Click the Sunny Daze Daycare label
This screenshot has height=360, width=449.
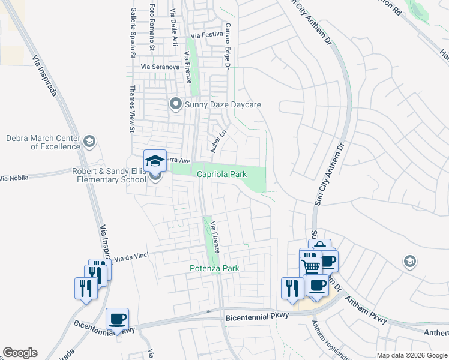(x=223, y=104)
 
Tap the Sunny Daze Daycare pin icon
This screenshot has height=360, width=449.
(x=176, y=104)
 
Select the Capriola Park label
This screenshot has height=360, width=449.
(x=222, y=174)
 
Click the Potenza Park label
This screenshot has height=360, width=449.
(x=214, y=268)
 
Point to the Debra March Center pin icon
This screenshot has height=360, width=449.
(x=89, y=142)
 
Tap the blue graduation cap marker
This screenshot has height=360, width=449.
(x=155, y=161)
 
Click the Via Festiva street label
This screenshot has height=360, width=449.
(x=206, y=34)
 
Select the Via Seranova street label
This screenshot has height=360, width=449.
(x=160, y=67)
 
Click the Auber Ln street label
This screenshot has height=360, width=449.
(x=216, y=142)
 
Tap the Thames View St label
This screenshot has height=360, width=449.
(x=132, y=109)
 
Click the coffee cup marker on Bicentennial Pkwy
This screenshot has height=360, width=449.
(x=118, y=319)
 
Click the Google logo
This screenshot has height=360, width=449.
(x=20, y=353)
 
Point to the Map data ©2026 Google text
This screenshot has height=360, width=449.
(x=411, y=355)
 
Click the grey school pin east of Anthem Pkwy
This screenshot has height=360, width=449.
(x=409, y=261)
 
